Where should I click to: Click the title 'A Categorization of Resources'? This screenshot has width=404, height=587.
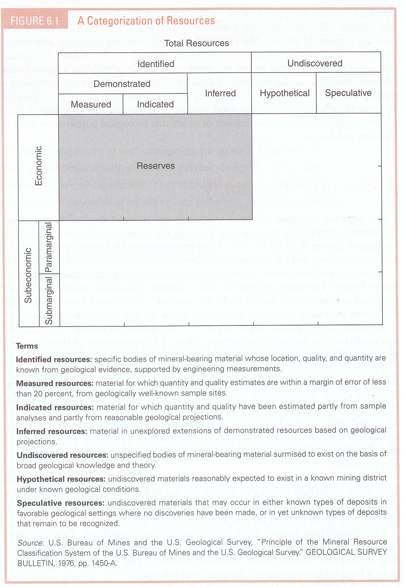pyautogui.click(x=146, y=21)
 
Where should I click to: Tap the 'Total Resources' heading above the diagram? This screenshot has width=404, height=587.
pyautogui.click(x=196, y=43)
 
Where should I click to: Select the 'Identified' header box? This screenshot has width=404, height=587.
pyautogui.click(x=156, y=64)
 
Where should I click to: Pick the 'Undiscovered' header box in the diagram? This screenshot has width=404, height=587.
pyautogui.click(x=315, y=63)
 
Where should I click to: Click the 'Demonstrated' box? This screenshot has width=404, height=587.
pyautogui.click(x=122, y=84)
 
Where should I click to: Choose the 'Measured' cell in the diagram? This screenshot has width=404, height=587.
pyautogui.click(x=91, y=104)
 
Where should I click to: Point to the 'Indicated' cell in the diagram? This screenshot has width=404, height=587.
pyautogui.click(x=155, y=104)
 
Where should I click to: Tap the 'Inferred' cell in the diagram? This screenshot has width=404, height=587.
pyautogui.click(x=220, y=93)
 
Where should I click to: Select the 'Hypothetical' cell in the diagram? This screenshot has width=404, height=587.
pyautogui.click(x=285, y=93)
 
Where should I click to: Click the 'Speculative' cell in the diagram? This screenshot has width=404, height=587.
pyautogui.click(x=348, y=93)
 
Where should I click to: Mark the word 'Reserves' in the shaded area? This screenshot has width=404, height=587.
pyautogui.click(x=155, y=166)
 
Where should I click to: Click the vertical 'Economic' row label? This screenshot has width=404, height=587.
pyautogui.click(x=39, y=166)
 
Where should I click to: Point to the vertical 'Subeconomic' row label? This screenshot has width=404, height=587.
pyautogui.click(x=28, y=275)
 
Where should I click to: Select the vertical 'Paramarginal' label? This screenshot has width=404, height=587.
pyautogui.click(x=49, y=247)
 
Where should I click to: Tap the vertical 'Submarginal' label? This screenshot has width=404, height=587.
pyautogui.click(x=49, y=300)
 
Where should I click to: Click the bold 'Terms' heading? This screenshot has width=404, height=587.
pyautogui.click(x=27, y=346)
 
